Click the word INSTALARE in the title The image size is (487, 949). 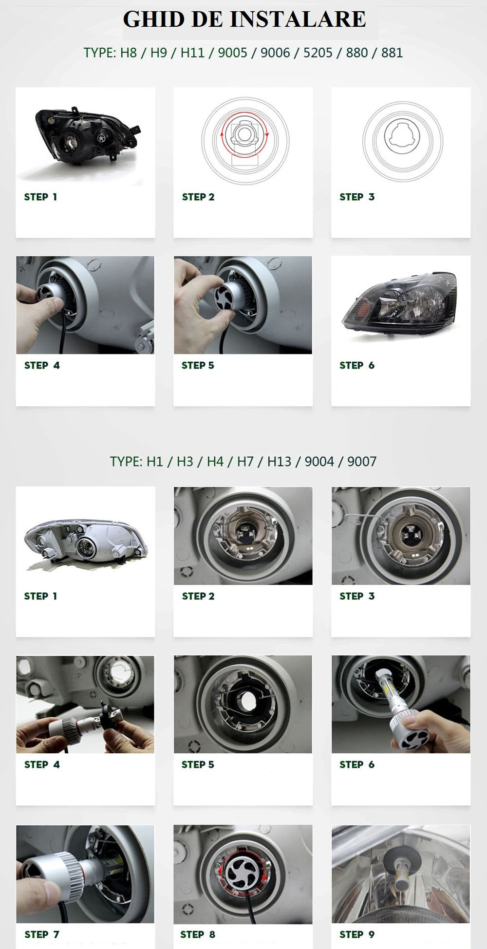(x=297, y=19)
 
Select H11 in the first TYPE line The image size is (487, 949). (x=192, y=53)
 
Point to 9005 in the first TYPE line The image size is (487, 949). (x=232, y=53)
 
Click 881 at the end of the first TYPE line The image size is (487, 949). (x=392, y=53)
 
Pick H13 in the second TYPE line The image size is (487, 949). (x=279, y=461)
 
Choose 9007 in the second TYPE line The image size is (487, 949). (x=362, y=461)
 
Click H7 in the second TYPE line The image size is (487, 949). (x=245, y=461)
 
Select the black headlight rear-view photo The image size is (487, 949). (x=86, y=137)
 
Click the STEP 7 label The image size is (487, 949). (x=42, y=934)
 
